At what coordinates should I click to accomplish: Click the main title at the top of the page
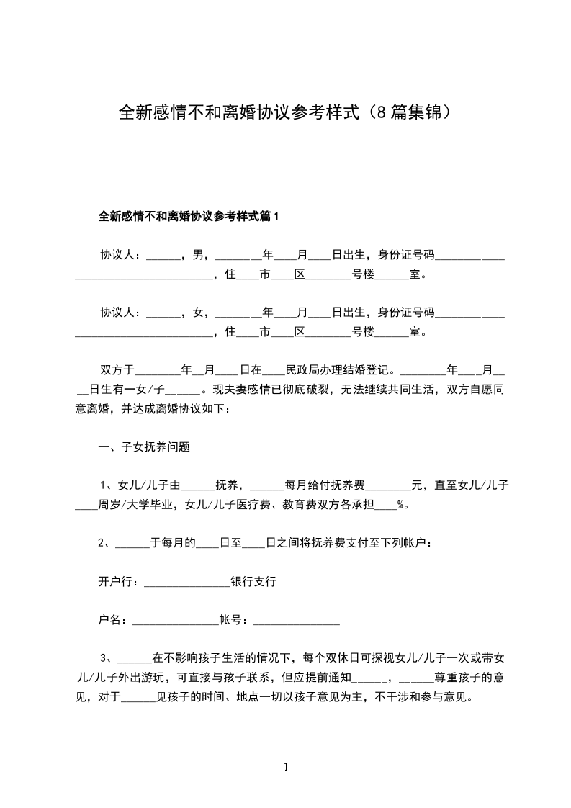point(285,113)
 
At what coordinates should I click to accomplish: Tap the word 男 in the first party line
point(197,255)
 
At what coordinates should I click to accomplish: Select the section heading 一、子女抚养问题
point(143,447)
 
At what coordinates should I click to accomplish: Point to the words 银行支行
point(253,581)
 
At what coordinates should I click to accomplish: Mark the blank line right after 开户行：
point(186,583)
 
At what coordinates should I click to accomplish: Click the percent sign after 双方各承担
point(400,505)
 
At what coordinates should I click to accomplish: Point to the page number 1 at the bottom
point(286,768)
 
